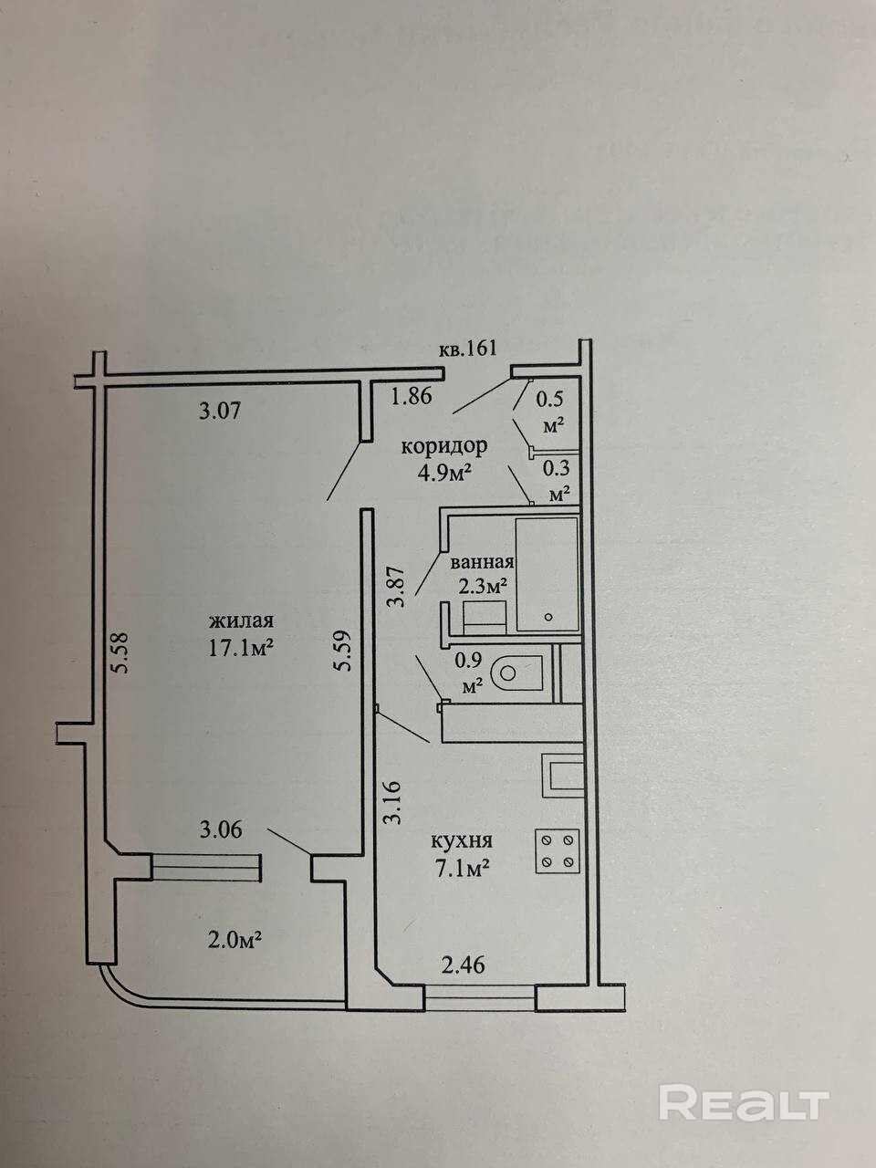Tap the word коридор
444,447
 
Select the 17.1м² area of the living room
242,646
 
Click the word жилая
242,621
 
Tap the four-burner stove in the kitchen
557,850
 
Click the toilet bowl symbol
516,673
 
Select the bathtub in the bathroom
547,574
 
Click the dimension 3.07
219,412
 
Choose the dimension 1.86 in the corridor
412,397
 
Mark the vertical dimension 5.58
120,653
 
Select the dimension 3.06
219,830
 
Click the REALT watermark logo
743,1103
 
